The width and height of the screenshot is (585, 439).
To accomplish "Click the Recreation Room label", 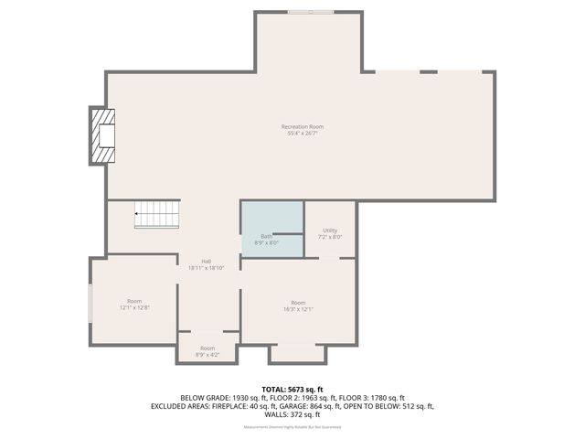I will pos(303,126).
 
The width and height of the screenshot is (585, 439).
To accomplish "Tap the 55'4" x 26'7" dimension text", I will pos(303,134).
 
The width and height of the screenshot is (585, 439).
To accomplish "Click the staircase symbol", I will pos(156,215).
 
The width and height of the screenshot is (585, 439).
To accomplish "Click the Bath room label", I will pos(266,236).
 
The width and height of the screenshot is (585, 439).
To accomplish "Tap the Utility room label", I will pos(330,230).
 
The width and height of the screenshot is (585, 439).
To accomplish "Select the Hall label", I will pos(207,261).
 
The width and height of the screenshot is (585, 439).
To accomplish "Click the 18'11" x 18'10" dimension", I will pos(207,268).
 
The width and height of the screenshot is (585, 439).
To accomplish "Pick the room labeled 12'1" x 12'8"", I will pos(134,305).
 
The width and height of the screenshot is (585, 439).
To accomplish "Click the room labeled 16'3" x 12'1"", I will pos(298,305).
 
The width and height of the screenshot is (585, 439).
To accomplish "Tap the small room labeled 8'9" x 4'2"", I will pos(207,350).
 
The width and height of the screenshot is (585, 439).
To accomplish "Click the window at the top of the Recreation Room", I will pos(311,12).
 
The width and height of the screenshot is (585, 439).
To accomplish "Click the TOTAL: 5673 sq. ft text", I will pos(292,389).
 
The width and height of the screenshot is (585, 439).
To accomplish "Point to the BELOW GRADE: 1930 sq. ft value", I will pos(220,397).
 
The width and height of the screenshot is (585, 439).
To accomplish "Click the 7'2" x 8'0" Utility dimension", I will pos(330,238).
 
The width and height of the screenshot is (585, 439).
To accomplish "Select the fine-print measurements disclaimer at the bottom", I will pos(292,427).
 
